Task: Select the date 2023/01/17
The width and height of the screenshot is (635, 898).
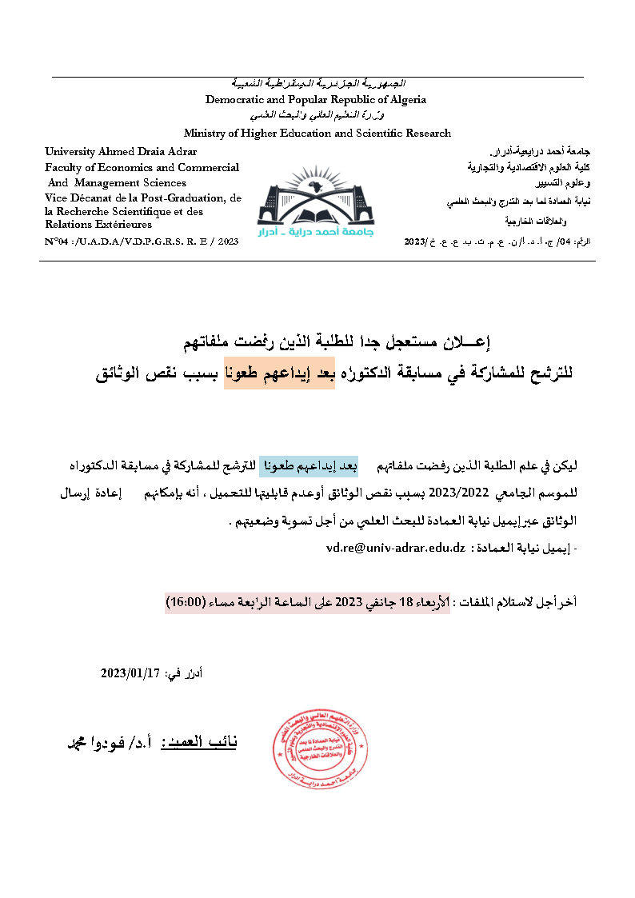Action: pos(130,673)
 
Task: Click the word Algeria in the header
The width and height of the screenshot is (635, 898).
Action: pos(405,100)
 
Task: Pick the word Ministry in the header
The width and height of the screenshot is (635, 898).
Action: pos(204,134)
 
